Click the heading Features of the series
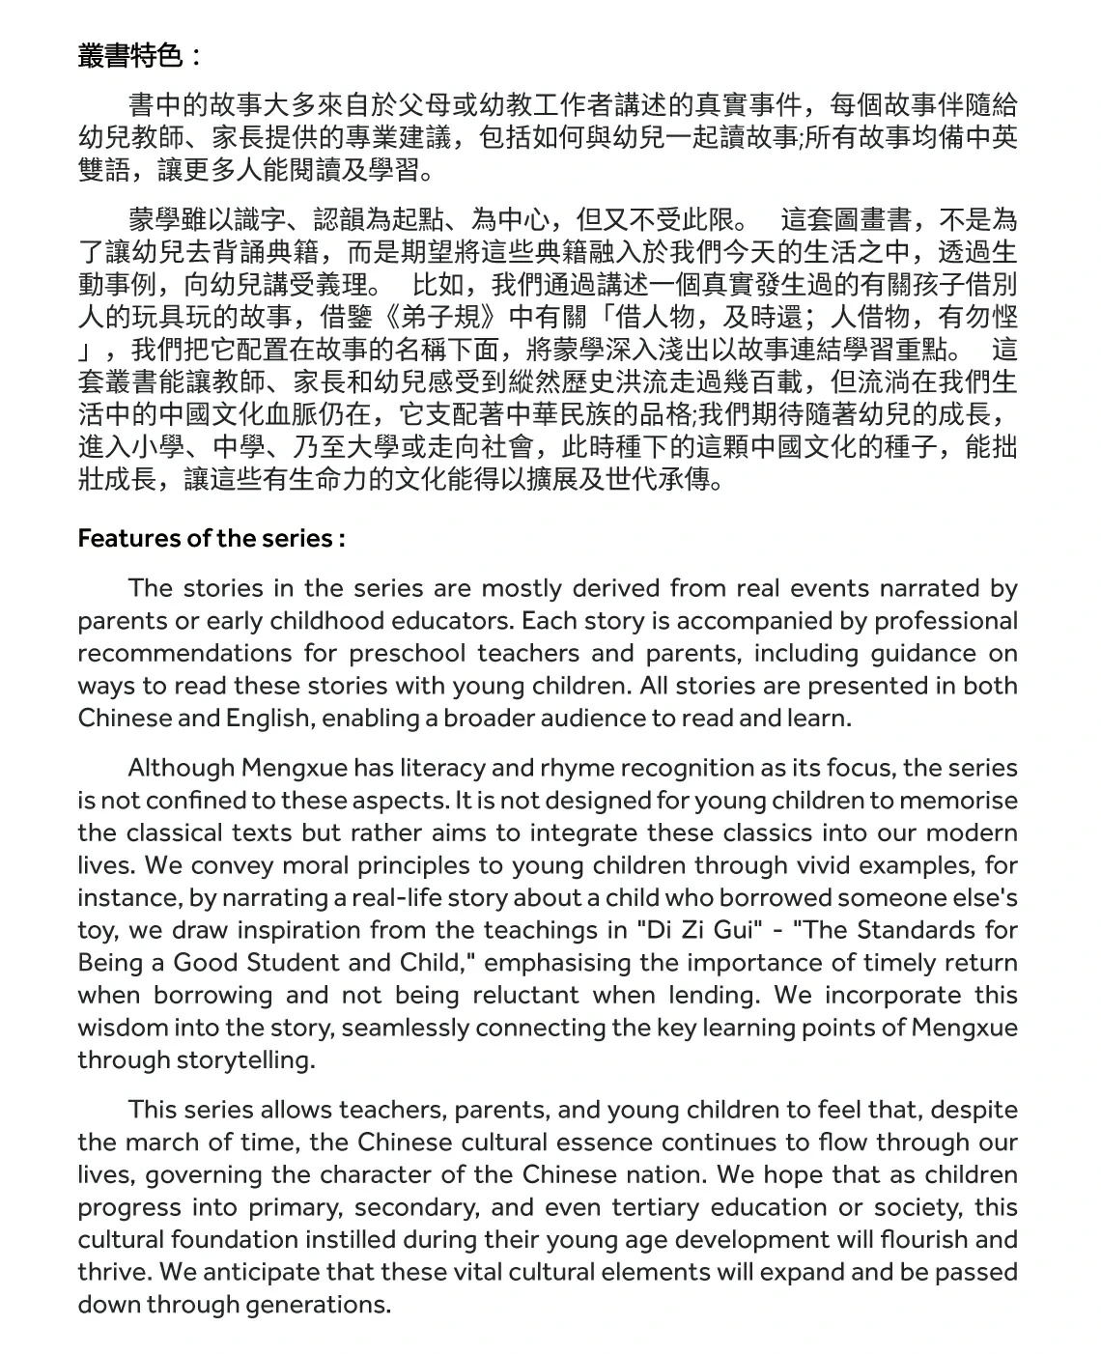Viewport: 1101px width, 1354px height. click(211, 538)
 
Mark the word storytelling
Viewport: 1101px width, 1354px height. click(245, 1060)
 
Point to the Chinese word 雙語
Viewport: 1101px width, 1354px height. click(103, 171)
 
